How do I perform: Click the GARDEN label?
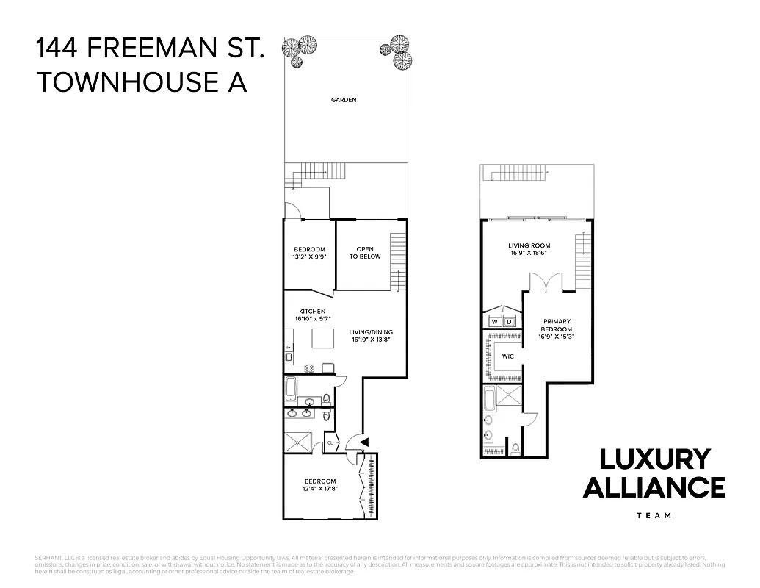pyautogui.click(x=344, y=100)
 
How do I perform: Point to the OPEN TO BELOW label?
pyautogui.click(x=365, y=253)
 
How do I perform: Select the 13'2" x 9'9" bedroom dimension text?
pyautogui.click(x=309, y=257)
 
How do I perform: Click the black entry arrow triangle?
pyautogui.click(x=363, y=441)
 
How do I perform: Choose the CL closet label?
pyautogui.click(x=330, y=443)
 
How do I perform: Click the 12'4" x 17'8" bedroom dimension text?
pyautogui.click(x=319, y=490)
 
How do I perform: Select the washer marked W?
pyautogui.click(x=494, y=322)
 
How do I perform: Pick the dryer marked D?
pyautogui.click(x=509, y=322)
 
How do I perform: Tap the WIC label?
pyautogui.click(x=507, y=356)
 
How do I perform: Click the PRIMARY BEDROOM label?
pyautogui.click(x=557, y=326)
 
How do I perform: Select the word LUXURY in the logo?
pyautogui.click(x=654, y=459)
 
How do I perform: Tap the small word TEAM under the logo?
pyautogui.click(x=654, y=515)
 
